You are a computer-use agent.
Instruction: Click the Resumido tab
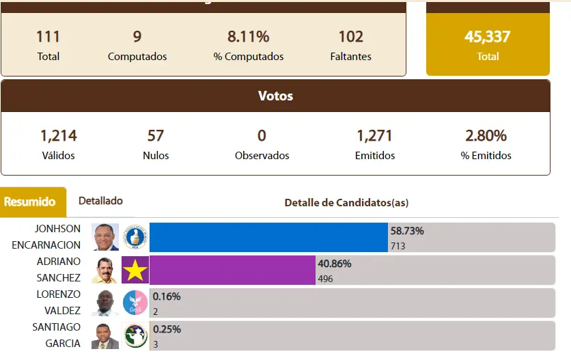point(30,202)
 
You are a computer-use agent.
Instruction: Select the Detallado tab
point(100,201)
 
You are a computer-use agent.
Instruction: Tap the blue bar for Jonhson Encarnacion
point(268,237)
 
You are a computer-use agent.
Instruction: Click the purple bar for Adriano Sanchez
point(233,270)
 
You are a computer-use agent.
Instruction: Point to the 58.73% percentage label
point(406,231)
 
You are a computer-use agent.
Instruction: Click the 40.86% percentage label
point(334,264)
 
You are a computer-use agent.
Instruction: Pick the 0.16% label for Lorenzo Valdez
point(167,296)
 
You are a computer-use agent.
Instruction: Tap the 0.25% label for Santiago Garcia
point(167,329)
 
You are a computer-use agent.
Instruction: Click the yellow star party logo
point(135,271)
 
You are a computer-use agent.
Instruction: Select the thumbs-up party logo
point(135,237)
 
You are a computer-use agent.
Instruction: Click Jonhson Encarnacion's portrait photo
point(105,237)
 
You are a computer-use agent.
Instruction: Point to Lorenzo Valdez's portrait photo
point(105,303)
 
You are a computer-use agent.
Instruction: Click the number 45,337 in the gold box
point(488,37)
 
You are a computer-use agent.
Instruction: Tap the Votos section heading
point(275,96)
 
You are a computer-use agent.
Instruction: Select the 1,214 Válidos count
point(58,135)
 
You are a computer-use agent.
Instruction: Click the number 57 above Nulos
point(156,135)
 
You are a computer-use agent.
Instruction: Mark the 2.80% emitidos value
point(486,135)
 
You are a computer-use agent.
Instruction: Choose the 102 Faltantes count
point(351,36)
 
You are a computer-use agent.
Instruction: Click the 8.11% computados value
point(248,36)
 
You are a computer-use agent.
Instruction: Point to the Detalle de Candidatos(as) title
point(346,203)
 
